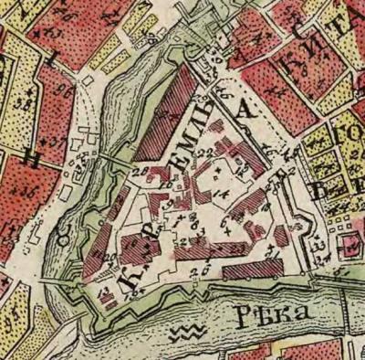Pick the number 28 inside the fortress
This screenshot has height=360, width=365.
pos(139,171)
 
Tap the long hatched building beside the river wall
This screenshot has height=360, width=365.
pos(251,269)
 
